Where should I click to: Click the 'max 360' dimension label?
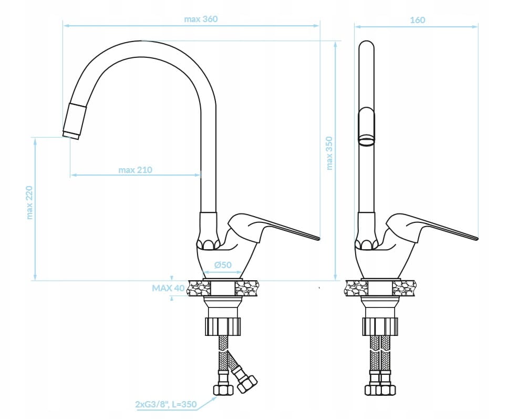[x=201, y=19]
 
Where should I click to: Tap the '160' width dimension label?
[x=417, y=20]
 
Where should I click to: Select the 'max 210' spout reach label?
[x=135, y=170]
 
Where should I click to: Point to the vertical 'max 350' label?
[x=329, y=153]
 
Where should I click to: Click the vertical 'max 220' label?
[x=29, y=202]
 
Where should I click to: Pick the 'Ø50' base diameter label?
[x=223, y=265]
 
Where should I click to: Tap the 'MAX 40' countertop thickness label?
[x=169, y=288]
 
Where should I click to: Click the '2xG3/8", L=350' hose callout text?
[x=166, y=404]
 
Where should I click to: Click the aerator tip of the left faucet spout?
[x=70, y=135]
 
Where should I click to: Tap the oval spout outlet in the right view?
[x=366, y=140]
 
